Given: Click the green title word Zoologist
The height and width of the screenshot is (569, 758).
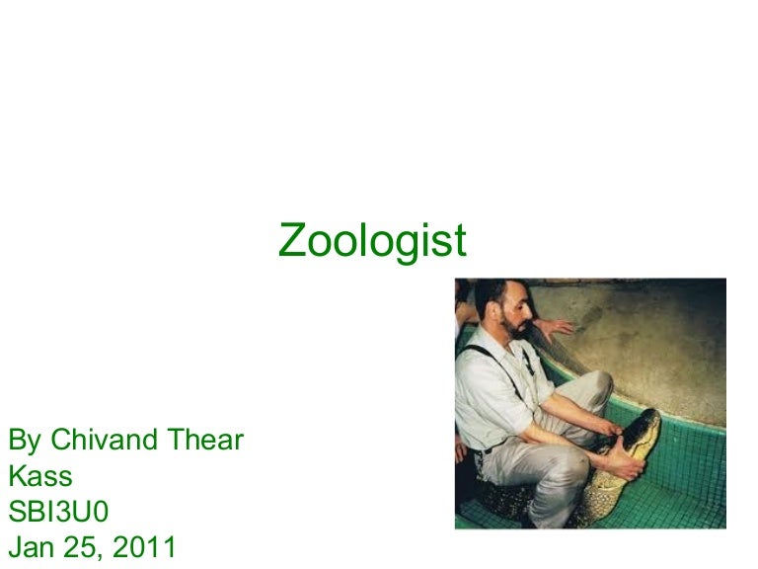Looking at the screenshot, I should [372, 240].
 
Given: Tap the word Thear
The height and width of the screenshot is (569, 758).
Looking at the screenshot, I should [206, 440].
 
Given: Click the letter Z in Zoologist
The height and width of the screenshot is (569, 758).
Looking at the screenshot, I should [291, 240].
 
